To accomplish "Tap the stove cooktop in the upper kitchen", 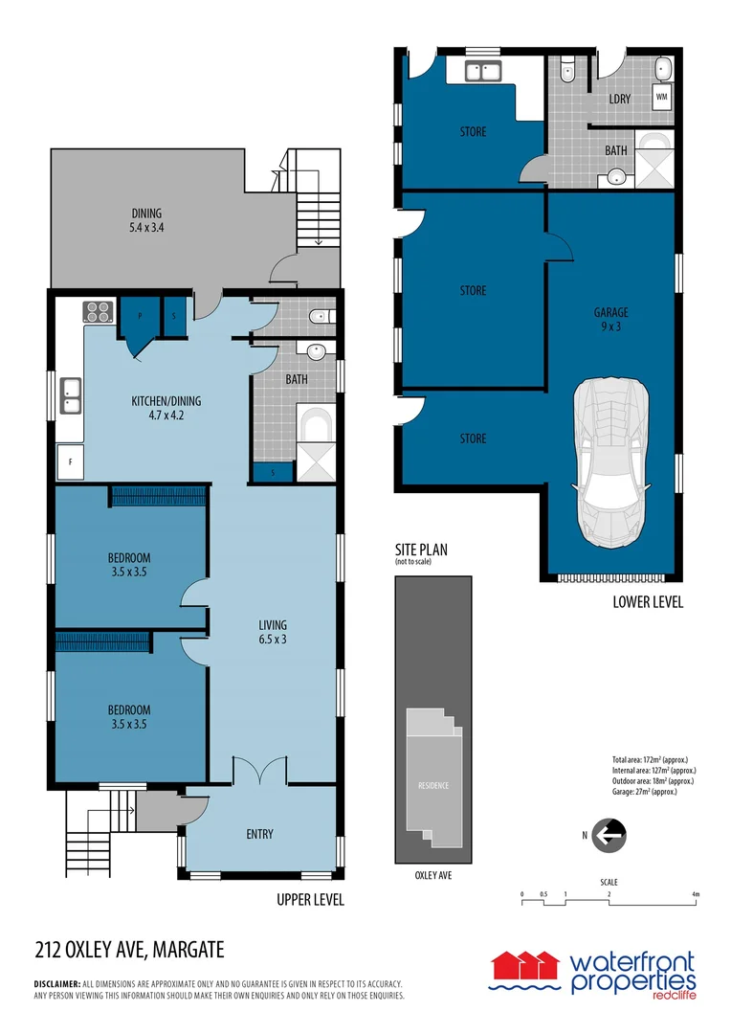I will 99,311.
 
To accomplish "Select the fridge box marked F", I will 70,461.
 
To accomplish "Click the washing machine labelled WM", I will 661,97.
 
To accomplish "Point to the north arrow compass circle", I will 608,836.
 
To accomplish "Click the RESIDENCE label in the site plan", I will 432,786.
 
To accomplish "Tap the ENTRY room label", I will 259,834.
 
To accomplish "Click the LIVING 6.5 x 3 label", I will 273,632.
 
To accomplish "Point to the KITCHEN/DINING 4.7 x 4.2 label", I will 166,409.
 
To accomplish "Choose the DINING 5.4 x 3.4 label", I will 146,220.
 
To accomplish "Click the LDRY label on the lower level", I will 619,99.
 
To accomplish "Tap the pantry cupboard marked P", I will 140,314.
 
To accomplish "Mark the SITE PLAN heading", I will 421,550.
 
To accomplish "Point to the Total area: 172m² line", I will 648,759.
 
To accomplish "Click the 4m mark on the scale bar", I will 696,894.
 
